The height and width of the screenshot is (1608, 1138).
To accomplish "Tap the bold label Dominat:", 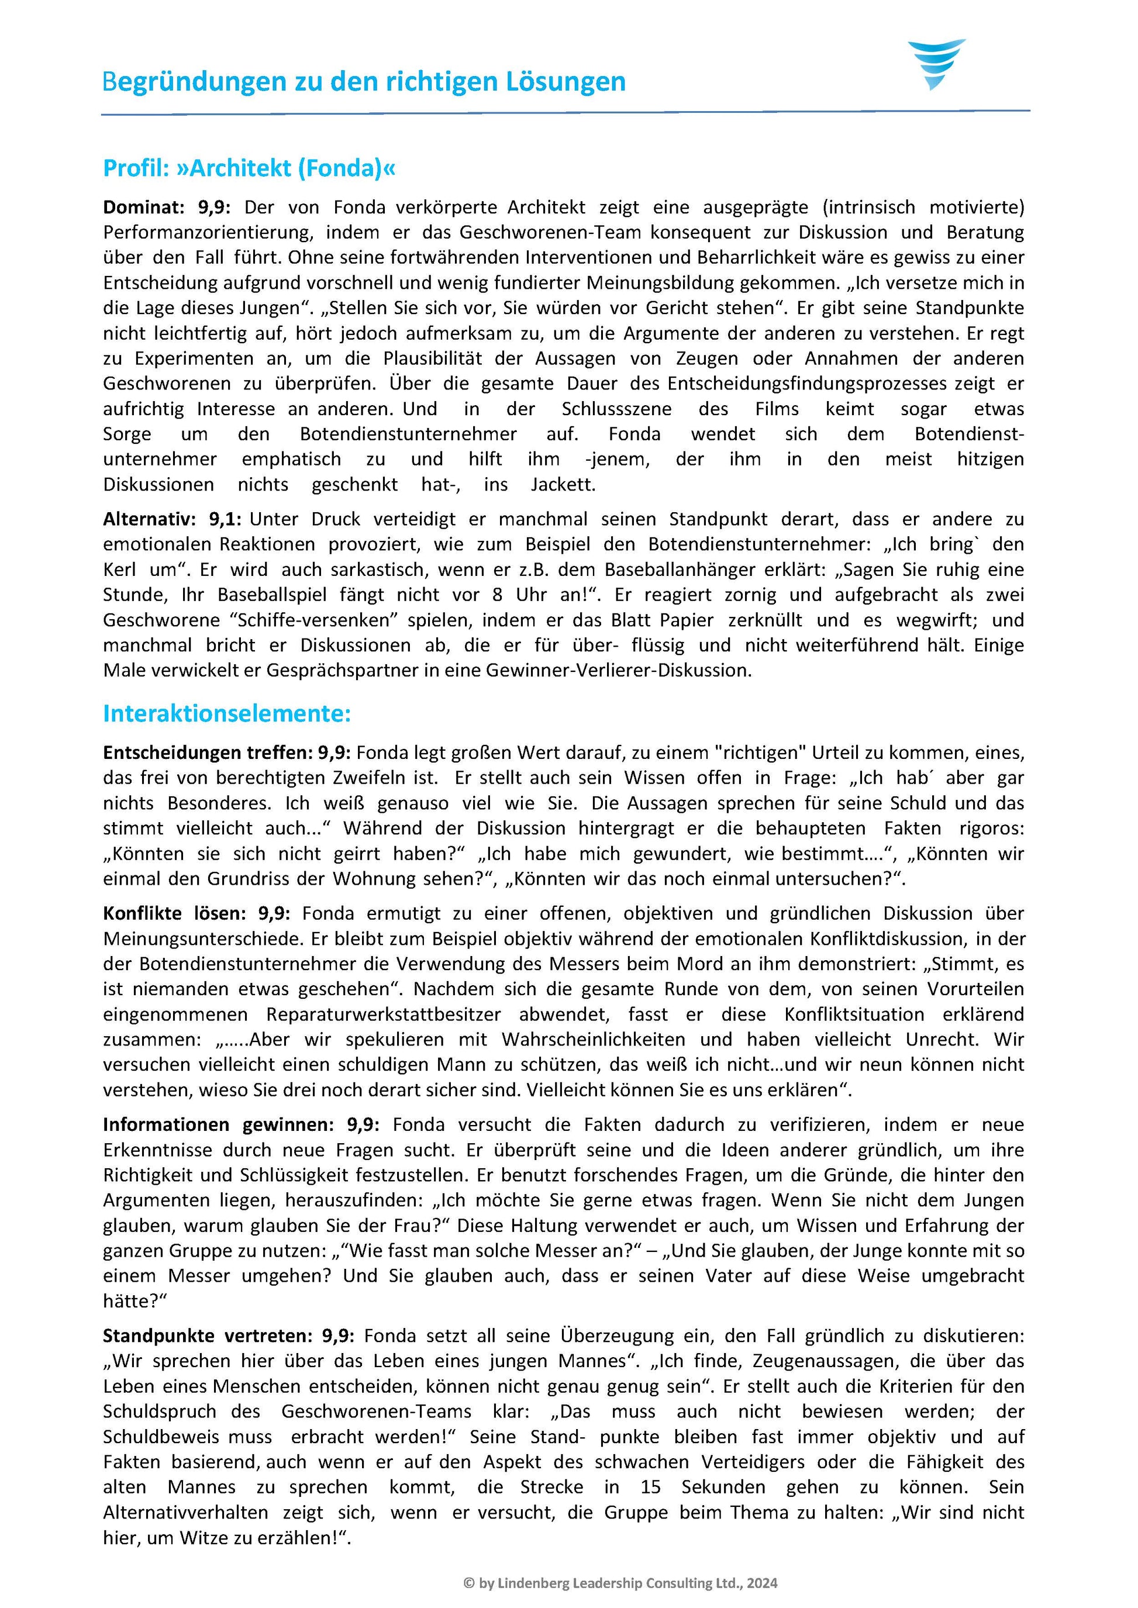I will tap(144, 208).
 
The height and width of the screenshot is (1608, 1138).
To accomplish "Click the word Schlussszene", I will tap(616, 409).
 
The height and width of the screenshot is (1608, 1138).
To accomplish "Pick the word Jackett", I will tap(563, 485).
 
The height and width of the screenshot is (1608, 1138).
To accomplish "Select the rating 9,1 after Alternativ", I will tap(224, 519).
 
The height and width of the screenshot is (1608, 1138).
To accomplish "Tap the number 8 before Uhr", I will tap(497, 595).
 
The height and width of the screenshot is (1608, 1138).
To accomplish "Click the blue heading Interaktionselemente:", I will tap(226, 714).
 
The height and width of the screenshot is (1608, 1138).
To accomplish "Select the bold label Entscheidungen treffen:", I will tap(208, 753).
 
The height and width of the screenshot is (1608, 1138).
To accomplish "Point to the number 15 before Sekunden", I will tap(651, 1488).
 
